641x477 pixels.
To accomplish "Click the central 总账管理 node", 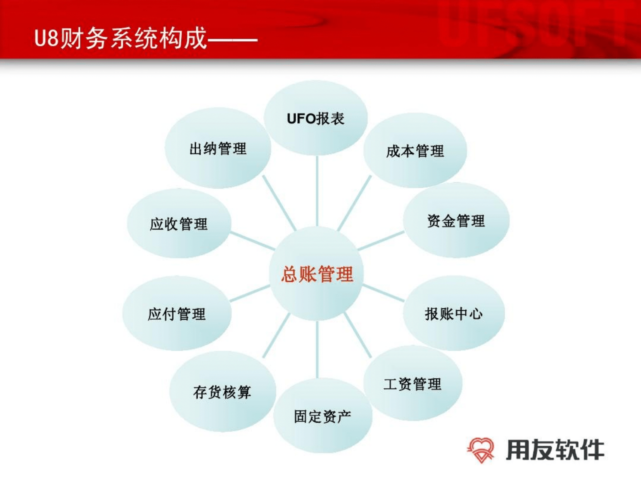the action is pos(317,273).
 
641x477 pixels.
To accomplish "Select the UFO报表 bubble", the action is pos(316,118).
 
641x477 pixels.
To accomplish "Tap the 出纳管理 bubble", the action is pos(218,148).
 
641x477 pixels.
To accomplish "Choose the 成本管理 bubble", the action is pos(415,150).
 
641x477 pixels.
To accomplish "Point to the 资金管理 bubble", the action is pos(456,220).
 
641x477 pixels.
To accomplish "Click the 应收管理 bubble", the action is pos(179,223).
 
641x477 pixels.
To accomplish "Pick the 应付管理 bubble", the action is pos(177,314).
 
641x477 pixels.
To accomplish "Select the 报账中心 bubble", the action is pos(454,313).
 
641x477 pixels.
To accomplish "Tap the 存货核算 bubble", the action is pos(223,392).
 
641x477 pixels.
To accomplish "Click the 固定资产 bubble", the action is pos(323,416).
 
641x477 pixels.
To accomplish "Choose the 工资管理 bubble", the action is pos(413,383).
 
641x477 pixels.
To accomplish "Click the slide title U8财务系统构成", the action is pos(121,38).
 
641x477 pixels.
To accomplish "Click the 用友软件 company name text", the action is pos(555,450).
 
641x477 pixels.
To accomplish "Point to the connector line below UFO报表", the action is pos(317,191).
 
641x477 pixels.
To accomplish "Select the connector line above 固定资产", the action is pos(317,349).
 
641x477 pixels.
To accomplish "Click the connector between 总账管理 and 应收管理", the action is pos(252,241).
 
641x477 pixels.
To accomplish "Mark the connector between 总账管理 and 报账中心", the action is pos(384,293).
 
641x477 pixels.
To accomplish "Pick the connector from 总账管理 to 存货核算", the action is pos(276,335).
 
